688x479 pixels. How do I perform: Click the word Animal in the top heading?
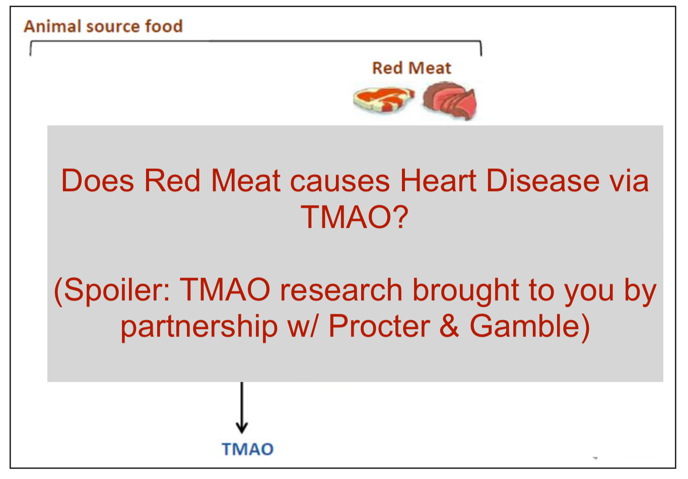click(x=52, y=26)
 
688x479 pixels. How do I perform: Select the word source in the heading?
click(x=113, y=26)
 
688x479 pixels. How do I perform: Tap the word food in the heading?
click(x=164, y=26)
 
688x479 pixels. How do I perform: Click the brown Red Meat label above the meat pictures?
click(x=411, y=68)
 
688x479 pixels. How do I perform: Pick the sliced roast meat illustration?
click(x=449, y=102)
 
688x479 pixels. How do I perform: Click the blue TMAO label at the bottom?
click(x=248, y=449)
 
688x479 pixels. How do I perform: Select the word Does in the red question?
click(x=97, y=181)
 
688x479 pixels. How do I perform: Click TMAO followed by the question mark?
click(x=355, y=217)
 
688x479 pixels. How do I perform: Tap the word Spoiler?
click(x=115, y=290)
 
